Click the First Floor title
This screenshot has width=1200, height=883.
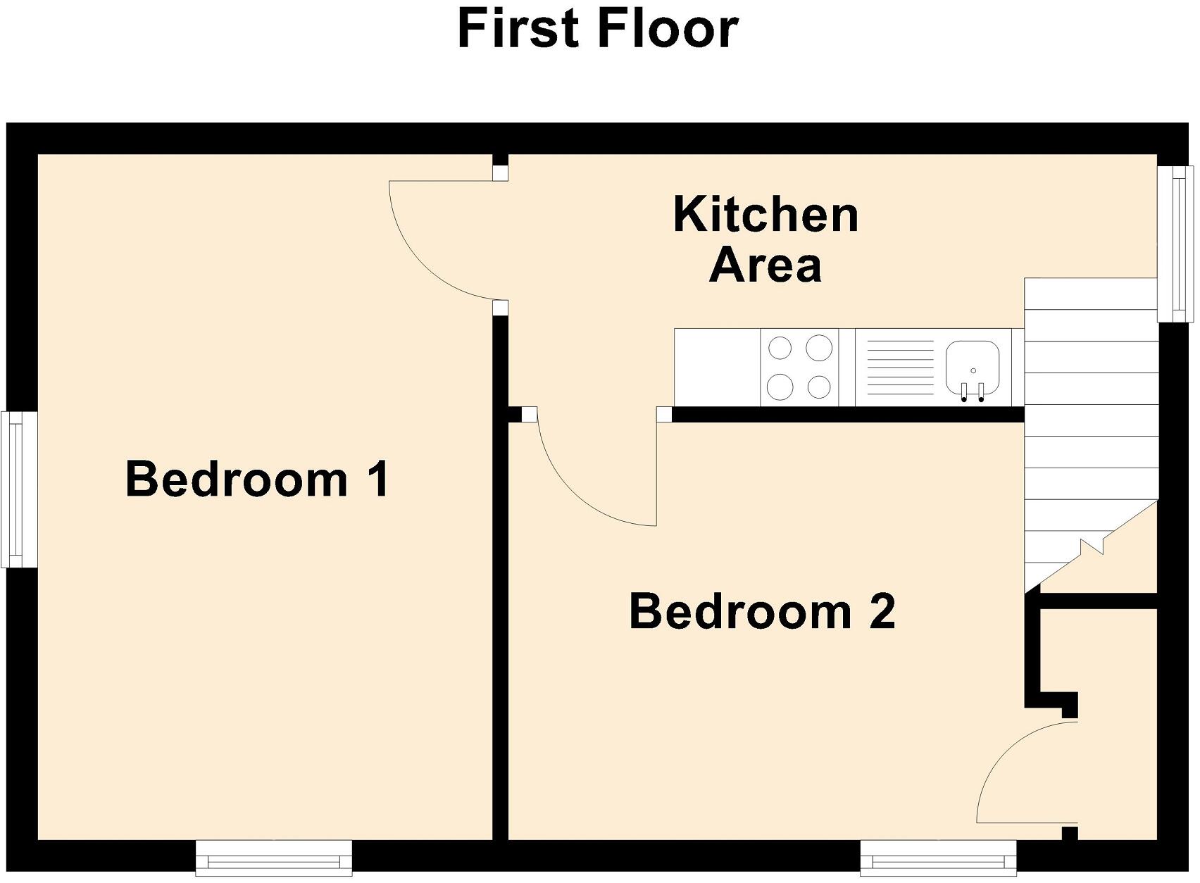pyautogui.click(x=598, y=29)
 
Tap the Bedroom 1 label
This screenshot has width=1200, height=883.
pyautogui.click(x=257, y=479)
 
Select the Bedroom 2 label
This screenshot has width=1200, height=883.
pyautogui.click(x=762, y=611)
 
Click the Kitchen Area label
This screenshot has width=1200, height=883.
pyautogui.click(x=765, y=239)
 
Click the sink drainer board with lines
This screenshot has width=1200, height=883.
pyautogui.click(x=899, y=368)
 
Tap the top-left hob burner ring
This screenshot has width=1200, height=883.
pyautogui.click(x=780, y=348)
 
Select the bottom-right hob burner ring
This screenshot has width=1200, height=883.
pyautogui.click(x=819, y=387)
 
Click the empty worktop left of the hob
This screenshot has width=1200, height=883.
pyautogui.click(x=717, y=368)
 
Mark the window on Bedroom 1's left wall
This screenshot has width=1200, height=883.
pyautogui.click(x=13, y=489)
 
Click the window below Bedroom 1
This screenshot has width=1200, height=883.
pyautogui.click(x=273, y=858)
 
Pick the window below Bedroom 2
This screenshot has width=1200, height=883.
pyautogui.click(x=938, y=858)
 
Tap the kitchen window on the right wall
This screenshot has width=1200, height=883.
pyautogui.click(x=1177, y=243)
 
